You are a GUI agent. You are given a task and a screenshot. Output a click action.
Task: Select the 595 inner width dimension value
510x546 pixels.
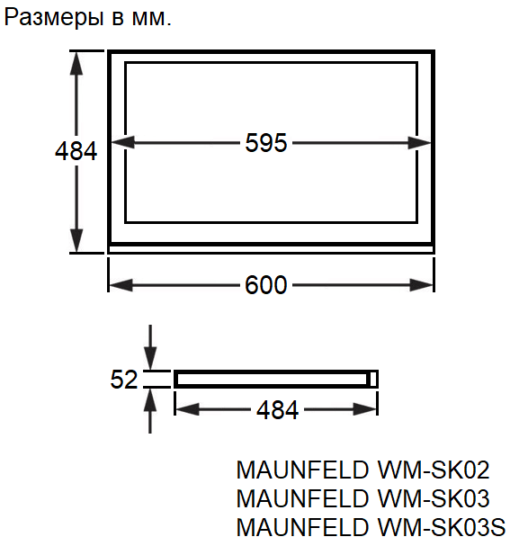click(266, 143)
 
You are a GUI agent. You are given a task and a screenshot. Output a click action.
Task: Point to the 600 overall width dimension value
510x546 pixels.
click(266, 285)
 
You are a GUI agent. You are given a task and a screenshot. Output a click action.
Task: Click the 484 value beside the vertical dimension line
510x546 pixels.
click(76, 151)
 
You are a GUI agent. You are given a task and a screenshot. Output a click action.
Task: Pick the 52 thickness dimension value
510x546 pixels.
click(124, 380)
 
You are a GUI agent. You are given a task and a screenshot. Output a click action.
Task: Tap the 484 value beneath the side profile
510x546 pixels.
click(277, 410)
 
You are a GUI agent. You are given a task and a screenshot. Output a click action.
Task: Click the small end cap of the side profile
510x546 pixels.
click(373, 379)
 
